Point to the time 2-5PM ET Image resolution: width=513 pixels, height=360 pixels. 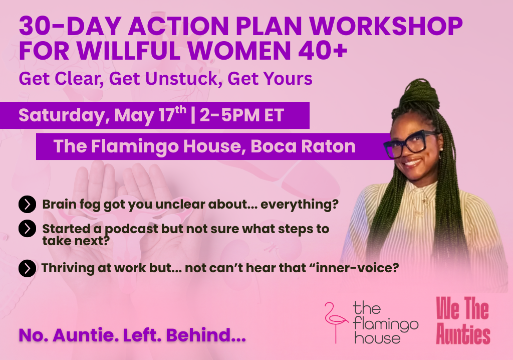pos(242,115)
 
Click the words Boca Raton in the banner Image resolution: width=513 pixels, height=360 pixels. pos(303,146)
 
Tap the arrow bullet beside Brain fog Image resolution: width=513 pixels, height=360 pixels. pos(27,205)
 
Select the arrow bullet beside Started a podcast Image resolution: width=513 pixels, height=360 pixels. pos(27,229)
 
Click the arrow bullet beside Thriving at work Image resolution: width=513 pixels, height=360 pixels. pos(27,269)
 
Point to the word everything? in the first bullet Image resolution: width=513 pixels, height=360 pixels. pos(300,205)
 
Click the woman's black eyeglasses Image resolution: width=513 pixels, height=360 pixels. pos(411,143)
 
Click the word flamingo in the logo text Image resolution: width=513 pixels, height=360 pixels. pos(386,324)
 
